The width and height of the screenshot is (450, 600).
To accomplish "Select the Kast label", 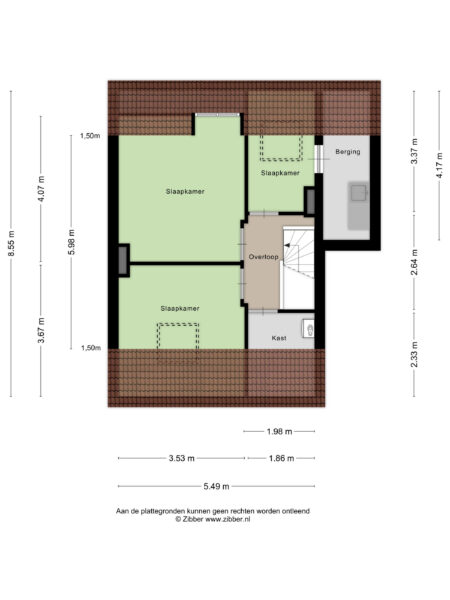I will coord(280,338).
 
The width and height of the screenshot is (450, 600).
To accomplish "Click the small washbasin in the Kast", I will coord(310,327).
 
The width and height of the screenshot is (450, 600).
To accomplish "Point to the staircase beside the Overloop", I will coord(299,265).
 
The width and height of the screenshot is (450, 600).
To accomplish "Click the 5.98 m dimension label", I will coord(71,243).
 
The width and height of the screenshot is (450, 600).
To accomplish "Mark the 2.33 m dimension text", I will coord(413,353).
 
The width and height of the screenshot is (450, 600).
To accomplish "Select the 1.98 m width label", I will coord(280,432).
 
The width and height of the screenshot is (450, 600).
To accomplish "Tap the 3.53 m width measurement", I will coord(181,459).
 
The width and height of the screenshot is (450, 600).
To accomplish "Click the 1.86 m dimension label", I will coord(282,459).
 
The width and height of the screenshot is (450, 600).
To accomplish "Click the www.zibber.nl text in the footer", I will coord(227,520).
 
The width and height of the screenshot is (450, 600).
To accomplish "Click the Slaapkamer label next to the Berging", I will coord(280,173).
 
